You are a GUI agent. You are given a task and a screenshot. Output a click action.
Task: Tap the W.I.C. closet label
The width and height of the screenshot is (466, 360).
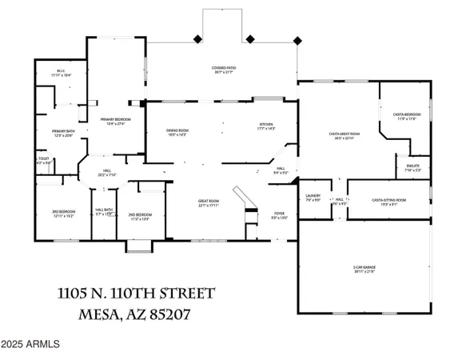(60, 71)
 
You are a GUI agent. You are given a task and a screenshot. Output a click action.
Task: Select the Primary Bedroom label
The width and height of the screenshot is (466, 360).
(114, 121)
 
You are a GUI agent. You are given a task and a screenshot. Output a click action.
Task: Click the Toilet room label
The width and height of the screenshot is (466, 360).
(43, 160)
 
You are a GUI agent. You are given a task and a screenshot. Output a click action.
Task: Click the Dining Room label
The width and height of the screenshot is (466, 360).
(177, 131)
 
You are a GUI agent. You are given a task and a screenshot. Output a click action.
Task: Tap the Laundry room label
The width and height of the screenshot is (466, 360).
(313, 201)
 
